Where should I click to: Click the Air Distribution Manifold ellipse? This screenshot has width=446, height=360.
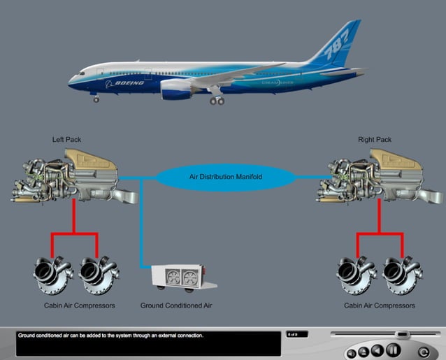point(226,177)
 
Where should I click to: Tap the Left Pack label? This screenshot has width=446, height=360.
point(67,140)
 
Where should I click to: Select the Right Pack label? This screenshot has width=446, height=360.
point(375,140)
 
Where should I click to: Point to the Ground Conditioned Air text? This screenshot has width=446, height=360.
point(176,305)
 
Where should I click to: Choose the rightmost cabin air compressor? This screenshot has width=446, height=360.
point(402,275)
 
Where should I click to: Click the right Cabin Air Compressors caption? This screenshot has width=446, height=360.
point(380,305)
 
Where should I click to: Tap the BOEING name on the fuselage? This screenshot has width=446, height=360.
point(124,83)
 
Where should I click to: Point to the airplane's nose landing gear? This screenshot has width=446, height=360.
point(96,99)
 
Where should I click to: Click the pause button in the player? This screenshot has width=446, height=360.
point(394,350)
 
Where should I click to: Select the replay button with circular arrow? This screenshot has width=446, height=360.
point(424,350)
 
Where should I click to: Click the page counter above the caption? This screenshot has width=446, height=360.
point(294,334)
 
